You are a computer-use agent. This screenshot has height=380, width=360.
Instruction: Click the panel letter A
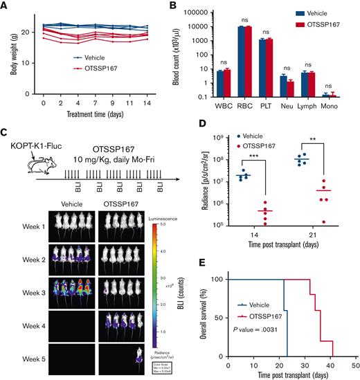[5, 6]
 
